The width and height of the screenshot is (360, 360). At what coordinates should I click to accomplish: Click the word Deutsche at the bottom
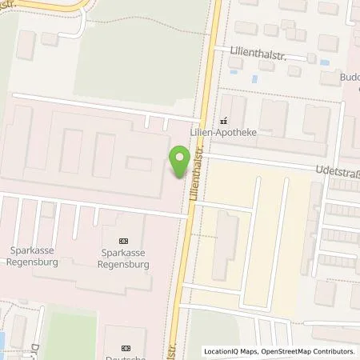[x=126, y=356]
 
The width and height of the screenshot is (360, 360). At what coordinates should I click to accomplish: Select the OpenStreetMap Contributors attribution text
[x=307, y=351]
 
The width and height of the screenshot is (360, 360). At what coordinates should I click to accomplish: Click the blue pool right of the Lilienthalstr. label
[x=254, y=78]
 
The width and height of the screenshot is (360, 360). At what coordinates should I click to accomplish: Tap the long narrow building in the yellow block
[x=226, y=246]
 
